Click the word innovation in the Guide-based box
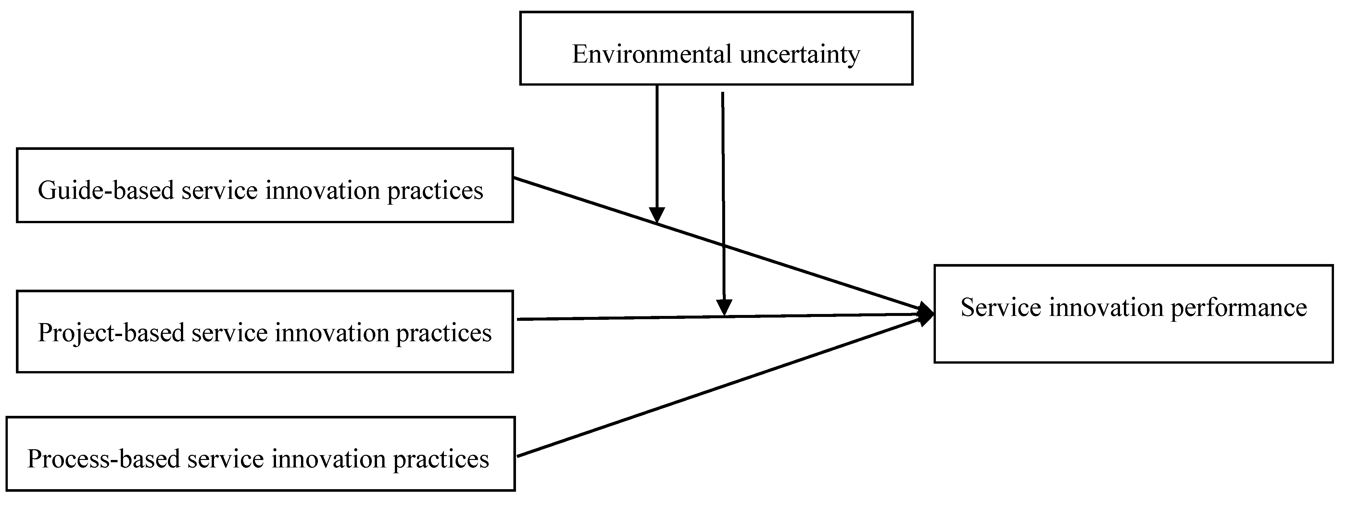coord(322,191)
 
